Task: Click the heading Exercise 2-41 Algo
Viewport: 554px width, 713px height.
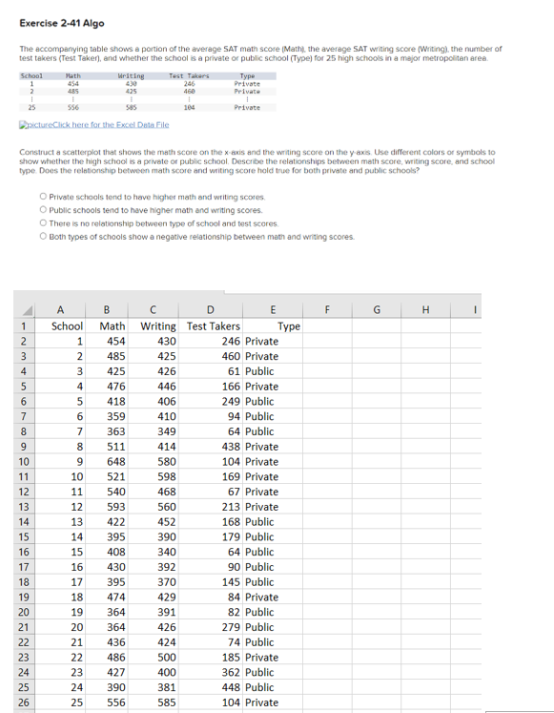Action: click(x=62, y=23)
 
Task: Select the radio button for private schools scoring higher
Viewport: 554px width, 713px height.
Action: click(x=44, y=197)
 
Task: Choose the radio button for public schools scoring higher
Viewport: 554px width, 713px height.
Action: click(x=44, y=210)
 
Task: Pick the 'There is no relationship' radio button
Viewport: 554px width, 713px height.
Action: click(x=44, y=223)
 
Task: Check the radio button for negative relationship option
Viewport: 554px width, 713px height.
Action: click(x=44, y=237)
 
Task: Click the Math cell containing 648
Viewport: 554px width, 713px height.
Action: click(x=115, y=461)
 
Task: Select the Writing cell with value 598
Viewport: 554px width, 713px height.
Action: click(x=166, y=476)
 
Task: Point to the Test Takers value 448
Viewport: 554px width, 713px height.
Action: click(x=229, y=687)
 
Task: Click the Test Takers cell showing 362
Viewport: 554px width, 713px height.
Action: click(x=229, y=672)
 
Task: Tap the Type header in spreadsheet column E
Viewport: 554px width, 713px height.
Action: click(x=288, y=325)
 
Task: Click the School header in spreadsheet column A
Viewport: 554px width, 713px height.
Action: click(x=67, y=325)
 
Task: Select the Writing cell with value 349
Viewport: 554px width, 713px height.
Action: click(x=166, y=431)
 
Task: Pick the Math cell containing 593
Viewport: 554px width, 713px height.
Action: click(x=115, y=506)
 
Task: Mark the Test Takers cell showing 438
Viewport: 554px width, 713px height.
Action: click(x=229, y=446)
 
